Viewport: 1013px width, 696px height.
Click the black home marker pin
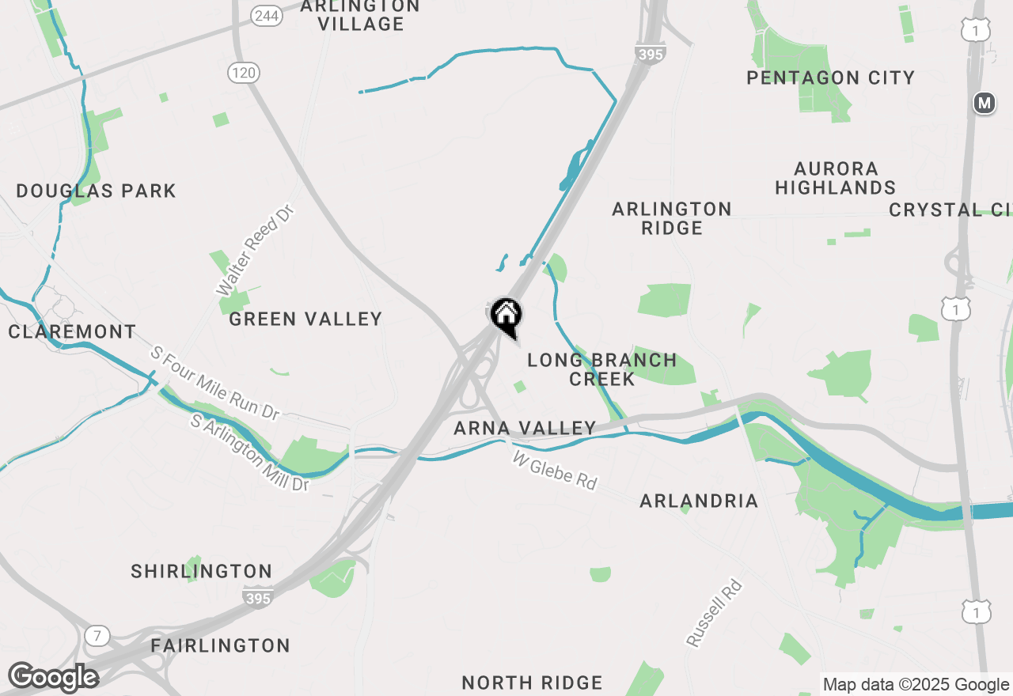(506, 316)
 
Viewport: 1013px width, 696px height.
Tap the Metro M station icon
(984, 103)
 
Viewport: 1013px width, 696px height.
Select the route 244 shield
(265, 15)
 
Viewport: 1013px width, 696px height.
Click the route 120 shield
(244, 74)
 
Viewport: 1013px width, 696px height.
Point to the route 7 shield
(97, 635)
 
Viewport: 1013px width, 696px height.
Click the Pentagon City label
(830, 78)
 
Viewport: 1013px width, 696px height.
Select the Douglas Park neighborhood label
(96, 191)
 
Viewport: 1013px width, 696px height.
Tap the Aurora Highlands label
(836, 178)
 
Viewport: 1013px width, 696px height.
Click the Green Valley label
(305, 319)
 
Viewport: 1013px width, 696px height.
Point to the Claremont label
(72, 331)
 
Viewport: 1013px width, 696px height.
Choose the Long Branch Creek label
(602, 369)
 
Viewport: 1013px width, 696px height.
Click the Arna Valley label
(525, 428)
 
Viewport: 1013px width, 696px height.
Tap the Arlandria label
(699, 501)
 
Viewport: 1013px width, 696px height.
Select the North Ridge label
(532, 683)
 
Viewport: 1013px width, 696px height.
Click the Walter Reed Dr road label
(255, 250)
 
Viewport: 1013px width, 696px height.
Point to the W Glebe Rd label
(555, 471)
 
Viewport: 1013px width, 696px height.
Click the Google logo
(53, 678)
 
